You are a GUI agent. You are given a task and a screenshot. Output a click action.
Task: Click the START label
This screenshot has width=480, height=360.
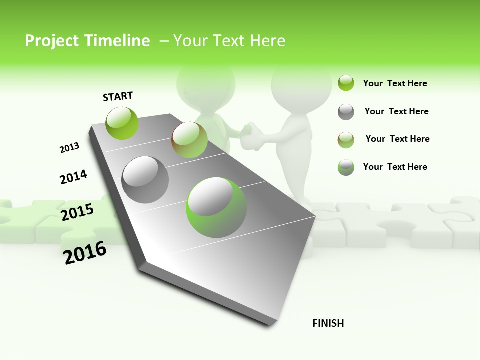click(118, 96)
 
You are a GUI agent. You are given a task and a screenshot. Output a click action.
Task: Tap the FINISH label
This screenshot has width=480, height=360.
click(328, 323)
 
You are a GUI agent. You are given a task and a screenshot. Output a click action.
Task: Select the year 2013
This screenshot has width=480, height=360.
click(69, 148)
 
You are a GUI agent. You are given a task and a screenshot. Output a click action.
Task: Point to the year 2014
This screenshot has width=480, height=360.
click(73, 177)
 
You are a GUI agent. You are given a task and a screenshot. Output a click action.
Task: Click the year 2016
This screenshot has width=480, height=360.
click(85, 252)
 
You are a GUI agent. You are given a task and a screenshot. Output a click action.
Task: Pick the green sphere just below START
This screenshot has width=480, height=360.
click(122, 123)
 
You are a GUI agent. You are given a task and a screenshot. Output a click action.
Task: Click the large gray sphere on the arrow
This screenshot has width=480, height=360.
click(145, 180)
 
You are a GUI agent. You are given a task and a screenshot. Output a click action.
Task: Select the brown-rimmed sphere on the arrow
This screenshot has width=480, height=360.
click(189, 140)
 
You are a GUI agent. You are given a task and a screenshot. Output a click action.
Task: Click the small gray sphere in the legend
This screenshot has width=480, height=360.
click(346, 112)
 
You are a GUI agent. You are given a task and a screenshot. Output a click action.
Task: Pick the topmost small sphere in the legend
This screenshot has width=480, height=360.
click(346, 83)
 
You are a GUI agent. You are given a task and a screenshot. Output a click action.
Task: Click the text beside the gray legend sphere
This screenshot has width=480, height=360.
click(396, 111)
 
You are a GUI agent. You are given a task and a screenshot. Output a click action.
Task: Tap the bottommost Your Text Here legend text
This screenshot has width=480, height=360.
click(395, 167)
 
